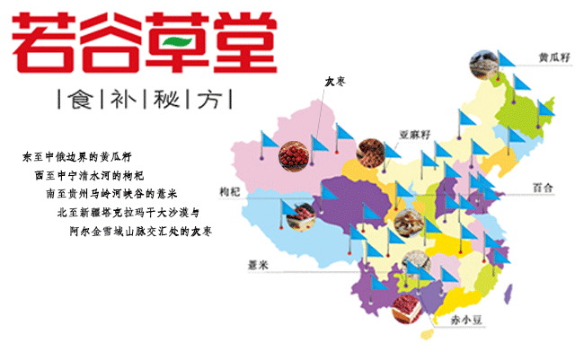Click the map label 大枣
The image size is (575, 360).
click(x=335, y=83)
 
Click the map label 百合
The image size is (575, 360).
click(x=542, y=188)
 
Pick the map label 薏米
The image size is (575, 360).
click(x=260, y=265)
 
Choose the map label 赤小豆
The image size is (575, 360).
click(x=454, y=319)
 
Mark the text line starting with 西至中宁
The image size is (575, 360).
click(x=89, y=176)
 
